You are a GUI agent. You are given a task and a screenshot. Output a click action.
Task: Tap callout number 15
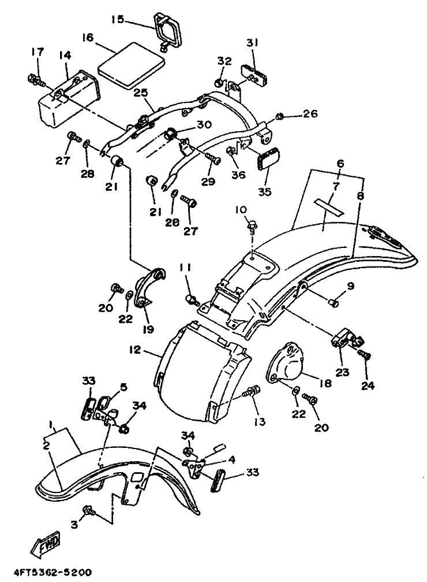(x=119, y=19)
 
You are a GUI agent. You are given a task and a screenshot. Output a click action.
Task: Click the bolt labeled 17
(x=35, y=79)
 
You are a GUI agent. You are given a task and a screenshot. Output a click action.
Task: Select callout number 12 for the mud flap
(x=136, y=350)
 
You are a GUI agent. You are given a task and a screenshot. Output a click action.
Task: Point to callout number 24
(x=368, y=385)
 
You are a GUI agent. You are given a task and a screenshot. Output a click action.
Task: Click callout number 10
(x=241, y=210)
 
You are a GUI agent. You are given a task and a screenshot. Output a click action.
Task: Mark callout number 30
(x=204, y=124)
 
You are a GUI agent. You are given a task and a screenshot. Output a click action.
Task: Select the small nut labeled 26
(x=280, y=117)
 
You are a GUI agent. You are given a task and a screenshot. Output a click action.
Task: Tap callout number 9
(x=351, y=286)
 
